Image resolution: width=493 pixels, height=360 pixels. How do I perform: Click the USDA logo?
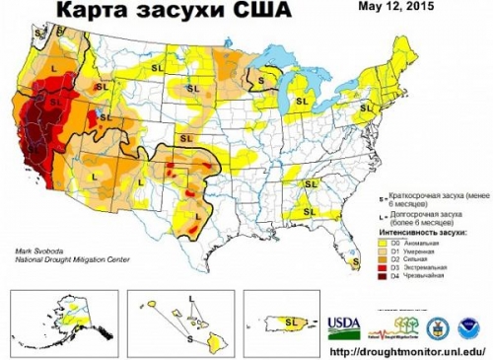point(343,324)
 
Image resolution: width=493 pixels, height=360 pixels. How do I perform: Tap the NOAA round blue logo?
point(466,325)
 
